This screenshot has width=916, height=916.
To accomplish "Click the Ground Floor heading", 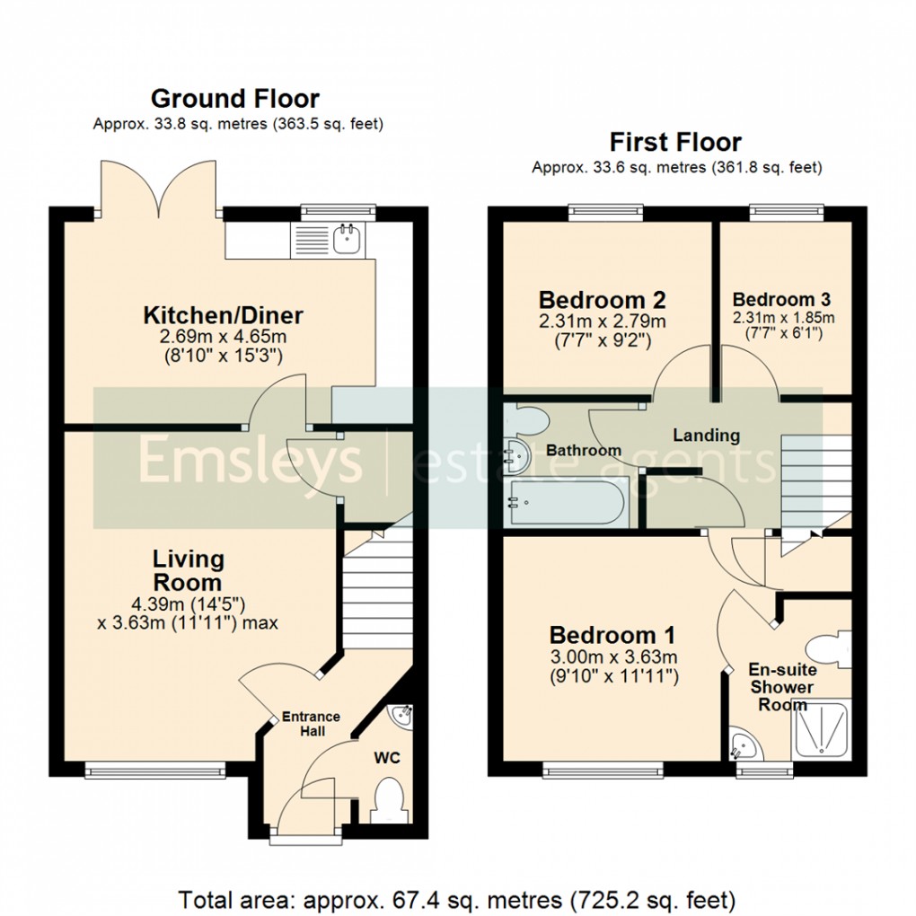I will pos(234,98).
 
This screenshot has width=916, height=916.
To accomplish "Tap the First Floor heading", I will pos(675,142).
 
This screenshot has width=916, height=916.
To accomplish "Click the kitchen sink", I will pos(345,239).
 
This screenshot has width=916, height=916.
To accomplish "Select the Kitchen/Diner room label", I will pos(224,316).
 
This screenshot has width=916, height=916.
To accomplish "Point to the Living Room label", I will pos(188,570).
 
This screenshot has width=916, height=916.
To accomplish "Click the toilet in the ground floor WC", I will pos(388,800).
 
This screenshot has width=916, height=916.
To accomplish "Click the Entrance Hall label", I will pos(311,723).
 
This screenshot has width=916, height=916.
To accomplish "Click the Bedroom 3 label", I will pos(781,300).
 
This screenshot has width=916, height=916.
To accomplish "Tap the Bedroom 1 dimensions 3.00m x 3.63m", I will pos(612,656).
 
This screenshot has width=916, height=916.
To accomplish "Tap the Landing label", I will pos(708,436).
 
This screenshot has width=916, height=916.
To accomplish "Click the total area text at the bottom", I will pos(457,898).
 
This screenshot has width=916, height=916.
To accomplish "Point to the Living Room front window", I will pos(155,769).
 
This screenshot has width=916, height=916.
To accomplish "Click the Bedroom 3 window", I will pos(787,213).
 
